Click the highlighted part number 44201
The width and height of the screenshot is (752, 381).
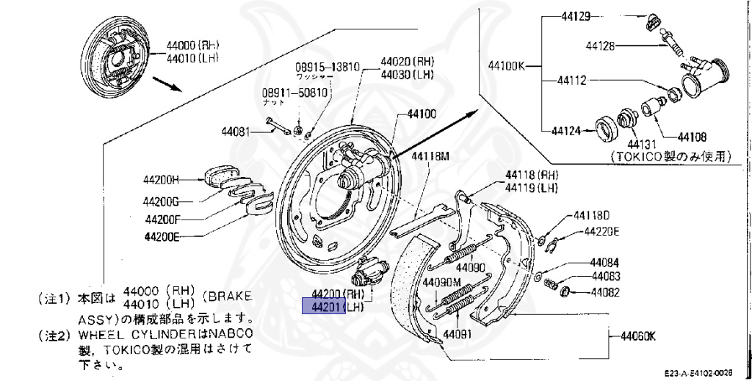click(324, 306)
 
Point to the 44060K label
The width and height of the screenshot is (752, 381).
click(637, 337)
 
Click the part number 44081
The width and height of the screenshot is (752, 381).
click(236, 133)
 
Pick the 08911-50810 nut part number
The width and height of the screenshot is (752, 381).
click(294, 93)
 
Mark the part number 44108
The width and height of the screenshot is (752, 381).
click(692, 137)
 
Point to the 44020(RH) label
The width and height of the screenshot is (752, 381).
click(407, 62)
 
